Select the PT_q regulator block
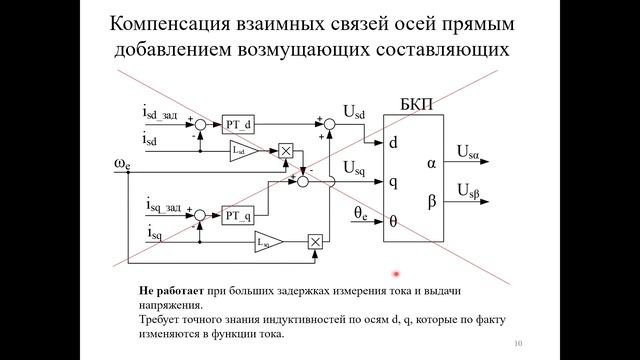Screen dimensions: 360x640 (x=237, y=215)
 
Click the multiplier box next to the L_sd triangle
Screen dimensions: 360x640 (x=285, y=151)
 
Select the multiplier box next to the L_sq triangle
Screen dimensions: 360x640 (x=317, y=241)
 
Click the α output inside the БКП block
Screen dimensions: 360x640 (x=431, y=162)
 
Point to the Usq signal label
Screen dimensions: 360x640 (x=352, y=167)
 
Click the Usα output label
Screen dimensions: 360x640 (x=470, y=152)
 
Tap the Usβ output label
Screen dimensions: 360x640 (x=470, y=190)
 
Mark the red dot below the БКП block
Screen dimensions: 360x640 (x=396, y=273)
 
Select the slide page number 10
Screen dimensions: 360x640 (x=518, y=343)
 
